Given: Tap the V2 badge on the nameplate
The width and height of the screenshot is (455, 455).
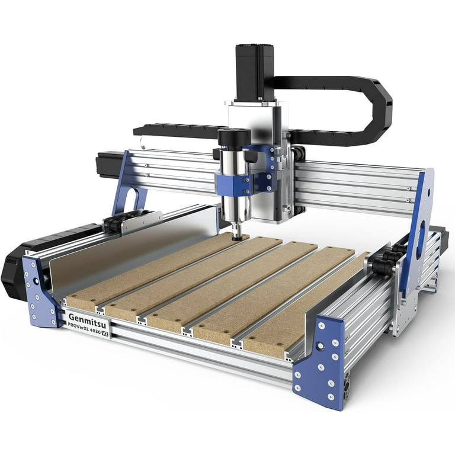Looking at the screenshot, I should pos(105,333).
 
